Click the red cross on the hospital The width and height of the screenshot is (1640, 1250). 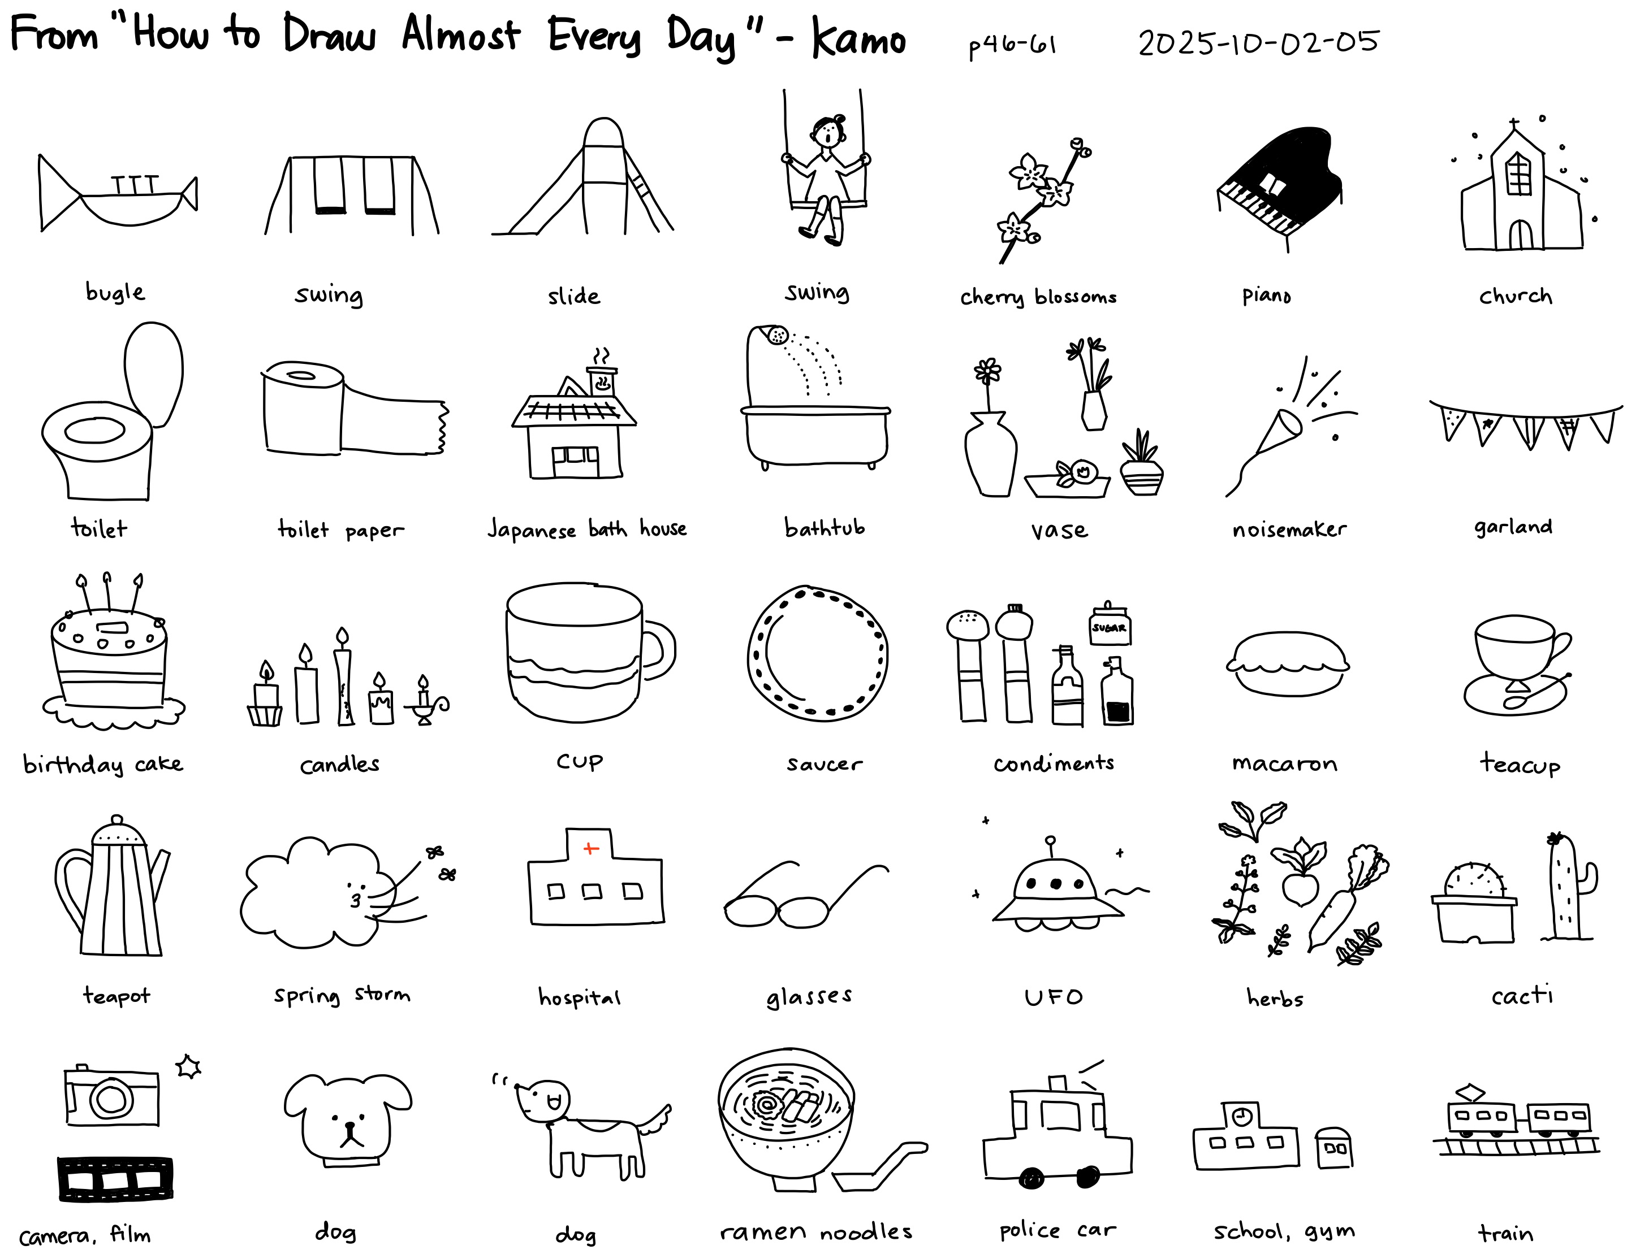pyautogui.click(x=591, y=848)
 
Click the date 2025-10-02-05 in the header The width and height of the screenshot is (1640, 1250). pyautogui.click(x=1258, y=42)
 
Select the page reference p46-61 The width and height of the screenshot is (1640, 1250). pyautogui.click(x=1012, y=46)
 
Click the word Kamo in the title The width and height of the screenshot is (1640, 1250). pyautogui.click(x=858, y=37)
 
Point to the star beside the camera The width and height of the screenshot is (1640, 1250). pyautogui.click(x=188, y=1066)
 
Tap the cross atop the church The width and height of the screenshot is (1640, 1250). pyautogui.click(x=1513, y=124)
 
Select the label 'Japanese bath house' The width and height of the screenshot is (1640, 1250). pyautogui.click(x=586, y=529)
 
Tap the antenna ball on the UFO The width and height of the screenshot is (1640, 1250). pyautogui.click(x=1050, y=841)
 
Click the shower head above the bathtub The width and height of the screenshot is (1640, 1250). pyautogui.click(x=776, y=336)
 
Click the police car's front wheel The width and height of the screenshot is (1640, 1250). pyautogui.click(x=1032, y=1178)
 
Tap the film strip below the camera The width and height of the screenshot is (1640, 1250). pyautogui.click(x=115, y=1179)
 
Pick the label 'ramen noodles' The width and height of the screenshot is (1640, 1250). pyautogui.click(x=816, y=1231)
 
